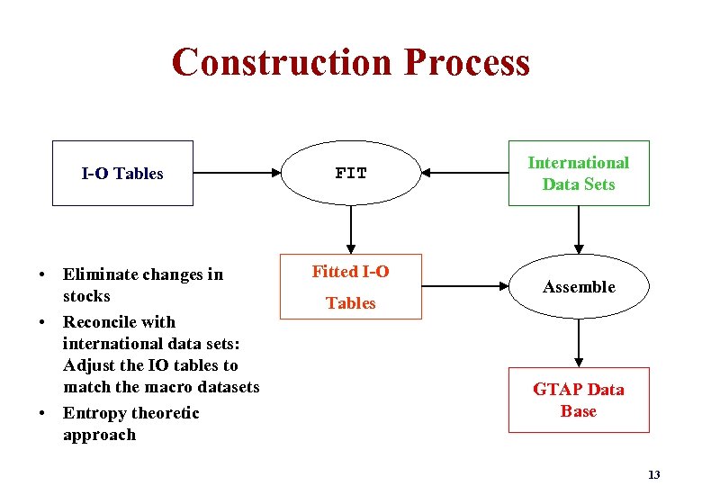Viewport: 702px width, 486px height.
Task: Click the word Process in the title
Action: coord(467,63)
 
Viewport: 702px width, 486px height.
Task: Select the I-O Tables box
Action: coord(122,174)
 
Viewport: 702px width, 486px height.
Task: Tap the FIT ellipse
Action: coord(351,174)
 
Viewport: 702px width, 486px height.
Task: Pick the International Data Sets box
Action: coord(578,174)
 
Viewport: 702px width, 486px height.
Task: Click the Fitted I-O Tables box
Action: coord(351,287)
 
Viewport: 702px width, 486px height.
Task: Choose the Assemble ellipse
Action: coord(579,287)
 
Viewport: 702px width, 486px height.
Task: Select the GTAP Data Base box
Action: coord(578,400)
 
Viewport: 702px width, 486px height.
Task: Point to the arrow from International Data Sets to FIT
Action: coord(464,174)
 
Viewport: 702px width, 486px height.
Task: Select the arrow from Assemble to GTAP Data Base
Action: coord(579,343)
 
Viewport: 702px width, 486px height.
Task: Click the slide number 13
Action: coord(653,474)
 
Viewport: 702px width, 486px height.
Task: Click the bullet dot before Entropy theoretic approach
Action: coord(42,414)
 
